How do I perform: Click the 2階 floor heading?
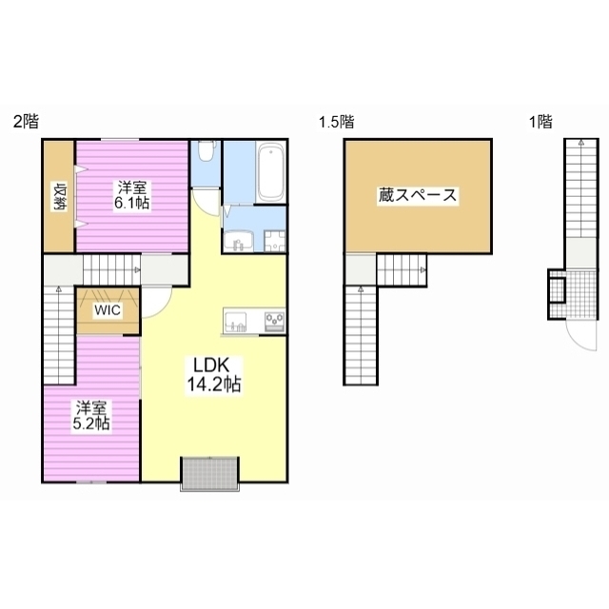(26, 122)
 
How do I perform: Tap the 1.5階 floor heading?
(336, 122)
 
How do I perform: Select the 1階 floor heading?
(540, 122)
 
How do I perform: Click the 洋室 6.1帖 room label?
(132, 195)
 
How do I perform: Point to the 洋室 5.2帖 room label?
(91, 415)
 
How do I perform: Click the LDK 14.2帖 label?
(214, 375)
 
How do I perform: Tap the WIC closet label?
(108, 310)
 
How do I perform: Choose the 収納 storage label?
(60, 197)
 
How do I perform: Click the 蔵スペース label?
(418, 195)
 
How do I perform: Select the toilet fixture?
(206, 151)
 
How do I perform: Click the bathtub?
(270, 172)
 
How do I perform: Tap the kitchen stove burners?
(275, 322)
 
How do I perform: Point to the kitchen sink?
(235, 322)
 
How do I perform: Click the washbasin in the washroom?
(239, 241)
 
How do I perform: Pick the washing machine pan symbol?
(275, 241)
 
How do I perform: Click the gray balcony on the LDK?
(209, 474)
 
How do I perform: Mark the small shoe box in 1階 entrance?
(556, 290)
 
